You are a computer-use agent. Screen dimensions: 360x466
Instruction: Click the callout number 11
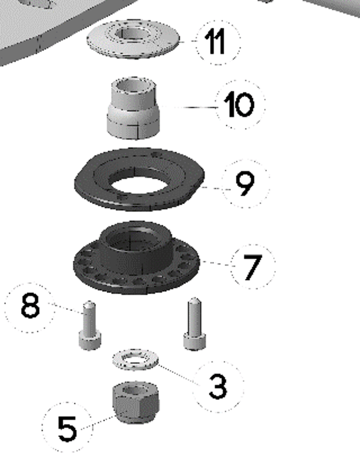[215, 42]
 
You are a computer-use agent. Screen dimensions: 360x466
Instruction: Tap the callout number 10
[239, 104]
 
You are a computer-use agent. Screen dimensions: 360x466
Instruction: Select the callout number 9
[245, 184]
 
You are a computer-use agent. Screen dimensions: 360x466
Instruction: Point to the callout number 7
[253, 267]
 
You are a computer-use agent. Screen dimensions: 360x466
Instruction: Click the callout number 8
[30, 306]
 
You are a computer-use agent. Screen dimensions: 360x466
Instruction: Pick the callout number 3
[218, 386]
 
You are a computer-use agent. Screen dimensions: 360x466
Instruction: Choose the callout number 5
[67, 428]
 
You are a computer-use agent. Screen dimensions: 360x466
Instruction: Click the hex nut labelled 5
[136, 402]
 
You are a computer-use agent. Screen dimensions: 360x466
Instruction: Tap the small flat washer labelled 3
[136, 360]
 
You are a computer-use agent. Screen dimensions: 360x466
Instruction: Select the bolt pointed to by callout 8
[90, 325]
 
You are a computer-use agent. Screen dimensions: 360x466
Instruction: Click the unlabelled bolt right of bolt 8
[194, 323]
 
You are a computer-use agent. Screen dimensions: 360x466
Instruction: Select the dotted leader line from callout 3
[178, 374]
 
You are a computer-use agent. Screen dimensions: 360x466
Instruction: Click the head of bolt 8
[90, 341]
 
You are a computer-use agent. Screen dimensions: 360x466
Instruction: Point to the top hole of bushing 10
[133, 86]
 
